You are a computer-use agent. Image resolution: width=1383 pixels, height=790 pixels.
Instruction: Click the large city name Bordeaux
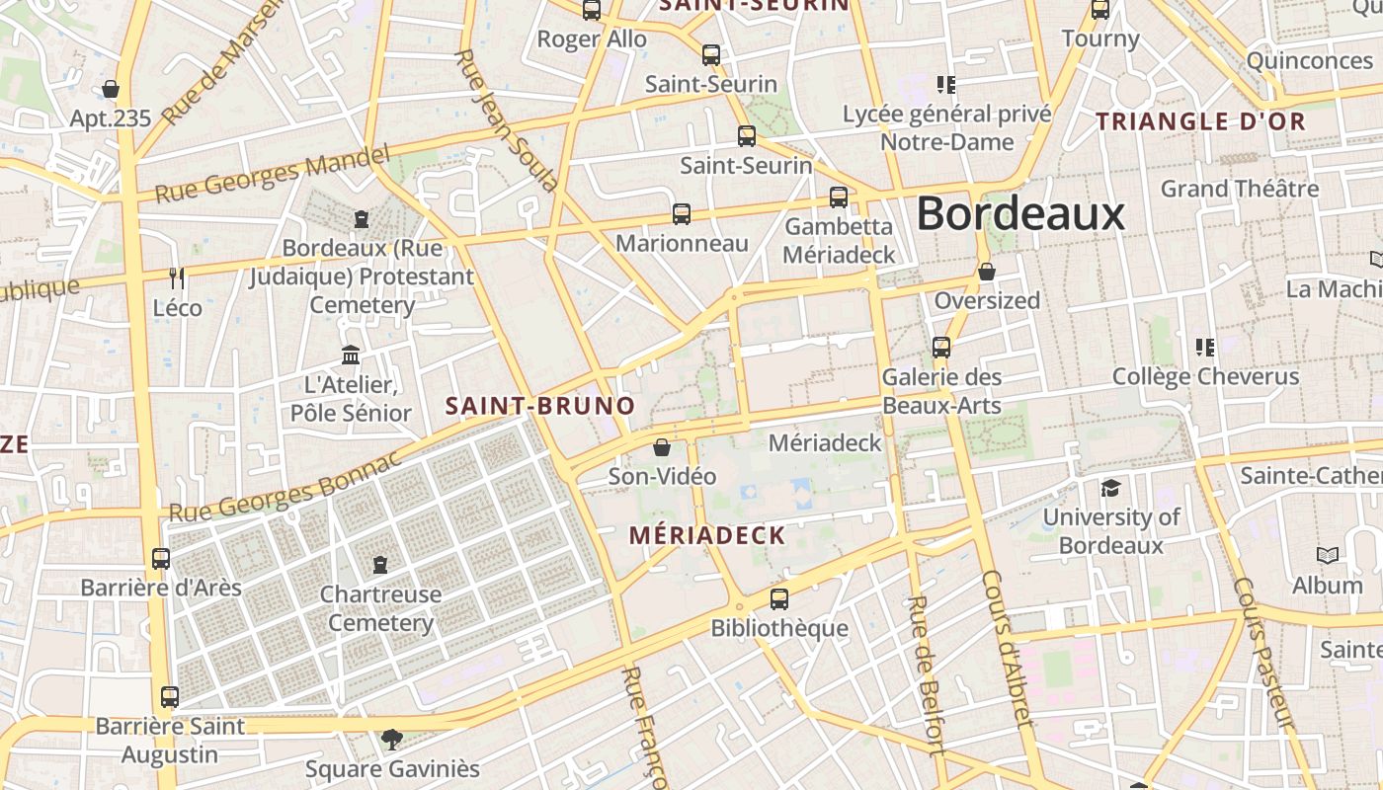click(1020, 214)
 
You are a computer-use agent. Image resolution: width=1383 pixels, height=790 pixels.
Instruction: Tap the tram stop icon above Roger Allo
click(592, 11)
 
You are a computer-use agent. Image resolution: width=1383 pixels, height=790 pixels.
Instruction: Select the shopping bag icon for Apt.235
click(111, 89)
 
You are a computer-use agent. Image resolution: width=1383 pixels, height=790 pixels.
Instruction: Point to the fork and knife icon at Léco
click(177, 278)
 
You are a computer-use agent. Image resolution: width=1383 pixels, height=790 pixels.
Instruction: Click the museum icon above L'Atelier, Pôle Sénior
click(351, 355)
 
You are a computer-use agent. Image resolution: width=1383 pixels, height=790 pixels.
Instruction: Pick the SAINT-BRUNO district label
click(539, 406)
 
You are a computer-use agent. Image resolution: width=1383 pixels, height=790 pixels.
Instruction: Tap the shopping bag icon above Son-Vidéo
click(662, 447)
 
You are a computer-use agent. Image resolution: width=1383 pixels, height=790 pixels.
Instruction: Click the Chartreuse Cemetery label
click(380, 608)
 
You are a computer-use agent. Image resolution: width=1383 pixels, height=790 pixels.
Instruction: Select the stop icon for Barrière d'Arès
click(161, 559)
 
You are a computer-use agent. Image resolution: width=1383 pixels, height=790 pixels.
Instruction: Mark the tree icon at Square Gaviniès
click(392, 739)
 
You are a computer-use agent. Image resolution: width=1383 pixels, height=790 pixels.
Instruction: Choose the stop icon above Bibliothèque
click(779, 598)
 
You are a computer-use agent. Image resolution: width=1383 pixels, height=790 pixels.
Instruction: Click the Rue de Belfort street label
click(926, 677)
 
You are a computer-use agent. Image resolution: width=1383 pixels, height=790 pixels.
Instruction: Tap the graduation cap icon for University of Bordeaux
click(1111, 488)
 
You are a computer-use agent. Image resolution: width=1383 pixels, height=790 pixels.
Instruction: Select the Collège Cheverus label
click(1205, 376)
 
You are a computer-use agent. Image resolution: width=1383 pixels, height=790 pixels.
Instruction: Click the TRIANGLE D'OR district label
click(1201, 122)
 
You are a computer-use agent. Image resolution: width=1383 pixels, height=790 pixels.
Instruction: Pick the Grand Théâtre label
click(1239, 189)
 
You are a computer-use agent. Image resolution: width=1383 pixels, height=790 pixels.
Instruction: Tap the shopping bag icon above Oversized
click(986, 272)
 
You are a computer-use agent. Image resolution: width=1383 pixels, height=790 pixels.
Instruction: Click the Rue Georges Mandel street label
click(272, 175)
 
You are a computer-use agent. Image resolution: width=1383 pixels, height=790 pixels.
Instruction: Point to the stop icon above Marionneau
click(682, 213)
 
